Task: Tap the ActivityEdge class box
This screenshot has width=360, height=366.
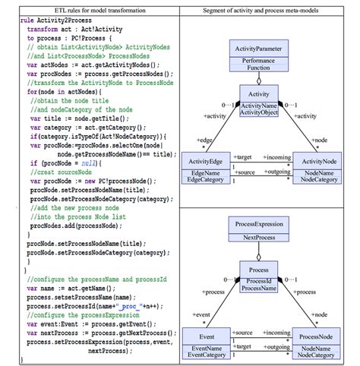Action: tap(205, 169)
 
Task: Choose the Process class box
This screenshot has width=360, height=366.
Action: tap(258, 277)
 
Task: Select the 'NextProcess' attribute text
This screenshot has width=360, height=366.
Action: tap(258, 237)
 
